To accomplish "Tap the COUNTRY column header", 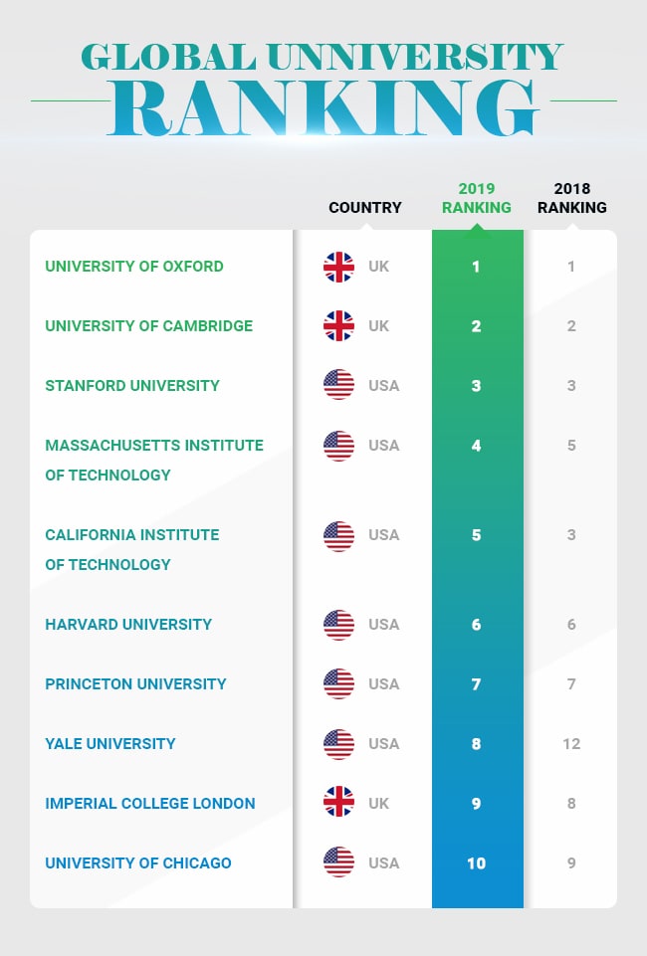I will (365, 208).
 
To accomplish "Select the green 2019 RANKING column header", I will (477, 198).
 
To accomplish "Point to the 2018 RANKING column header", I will (571, 198).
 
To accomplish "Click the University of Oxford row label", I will (134, 267).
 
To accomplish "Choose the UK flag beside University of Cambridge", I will (338, 325).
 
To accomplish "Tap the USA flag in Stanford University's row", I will (338, 385).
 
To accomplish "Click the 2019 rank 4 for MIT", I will (477, 446).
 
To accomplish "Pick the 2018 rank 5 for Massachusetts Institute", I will (571, 446).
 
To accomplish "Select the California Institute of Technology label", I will (131, 549).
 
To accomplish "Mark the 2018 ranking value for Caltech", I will (571, 535).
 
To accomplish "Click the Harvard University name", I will (128, 625).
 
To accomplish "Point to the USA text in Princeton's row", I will (383, 684).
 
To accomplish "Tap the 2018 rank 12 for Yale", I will (571, 744).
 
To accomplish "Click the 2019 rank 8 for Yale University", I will (477, 744).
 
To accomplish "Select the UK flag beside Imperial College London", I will (338, 803).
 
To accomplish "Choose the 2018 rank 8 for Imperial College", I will (571, 804).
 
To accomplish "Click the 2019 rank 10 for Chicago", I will (477, 863).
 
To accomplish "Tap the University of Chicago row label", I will (138, 863).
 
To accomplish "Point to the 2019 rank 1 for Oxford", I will (477, 267).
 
